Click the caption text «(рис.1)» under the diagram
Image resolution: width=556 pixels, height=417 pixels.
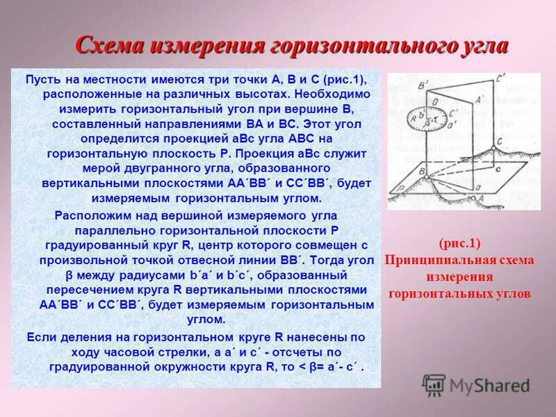[459, 244]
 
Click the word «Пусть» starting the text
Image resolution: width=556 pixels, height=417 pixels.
[41, 81]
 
